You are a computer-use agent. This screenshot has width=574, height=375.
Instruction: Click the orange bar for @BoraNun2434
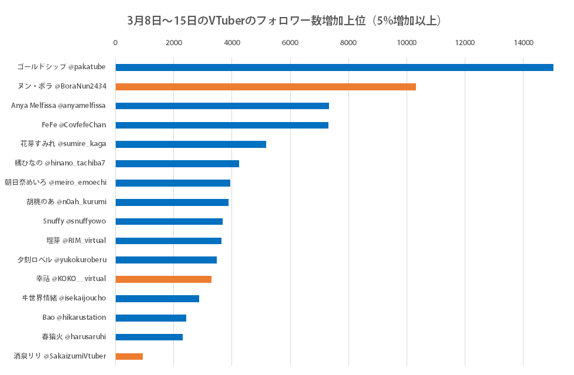click(x=265, y=87)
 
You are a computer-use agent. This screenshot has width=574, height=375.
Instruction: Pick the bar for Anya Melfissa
click(x=221, y=106)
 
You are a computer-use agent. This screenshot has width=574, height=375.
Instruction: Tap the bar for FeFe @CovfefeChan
click(x=221, y=125)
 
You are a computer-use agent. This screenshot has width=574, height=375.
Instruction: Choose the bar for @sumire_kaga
click(x=190, y=144)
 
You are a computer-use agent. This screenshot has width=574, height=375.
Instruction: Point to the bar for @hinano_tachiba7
click(x=177, y=164)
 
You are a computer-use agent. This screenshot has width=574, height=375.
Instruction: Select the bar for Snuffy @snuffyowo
click(x=169, y=221)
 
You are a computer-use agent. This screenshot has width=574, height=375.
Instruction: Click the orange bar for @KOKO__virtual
click(x=163, y=279)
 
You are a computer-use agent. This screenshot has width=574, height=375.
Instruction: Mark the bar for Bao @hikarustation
click(x=150, y=318)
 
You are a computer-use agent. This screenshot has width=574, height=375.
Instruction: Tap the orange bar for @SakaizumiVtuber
click(x=129, y=356)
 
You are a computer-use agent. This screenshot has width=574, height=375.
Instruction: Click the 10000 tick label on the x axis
click(x=407, y=43)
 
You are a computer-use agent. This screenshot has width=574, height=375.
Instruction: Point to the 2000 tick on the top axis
click(x=173, y=43)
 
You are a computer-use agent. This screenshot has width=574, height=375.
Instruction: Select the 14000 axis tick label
click(x=523, y=43)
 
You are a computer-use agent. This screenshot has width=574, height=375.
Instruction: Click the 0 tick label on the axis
click(x=115, y=43)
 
